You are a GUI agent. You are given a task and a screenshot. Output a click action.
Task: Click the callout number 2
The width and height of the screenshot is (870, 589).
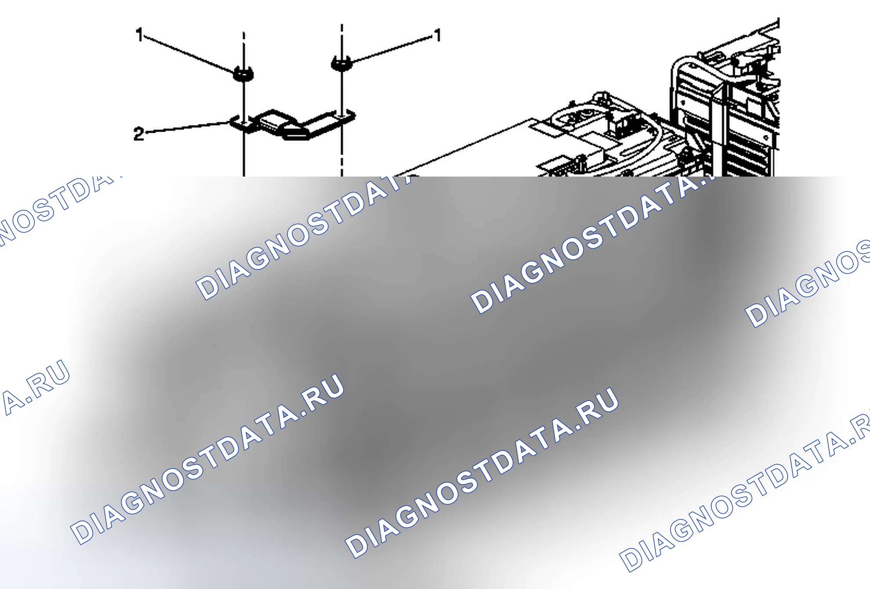coord(139,134)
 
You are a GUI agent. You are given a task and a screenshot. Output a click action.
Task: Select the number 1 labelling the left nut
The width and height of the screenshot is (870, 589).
coord(140,34)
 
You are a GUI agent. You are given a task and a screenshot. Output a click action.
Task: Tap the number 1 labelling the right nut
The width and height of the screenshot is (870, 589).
coord(437,35)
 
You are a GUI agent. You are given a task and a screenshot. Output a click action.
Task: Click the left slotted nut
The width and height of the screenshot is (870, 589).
coord(243,74)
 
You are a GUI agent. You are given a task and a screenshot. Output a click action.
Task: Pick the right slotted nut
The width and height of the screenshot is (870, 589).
coord(341,63)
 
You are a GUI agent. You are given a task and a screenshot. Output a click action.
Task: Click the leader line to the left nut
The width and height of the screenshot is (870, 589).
coord(189,54)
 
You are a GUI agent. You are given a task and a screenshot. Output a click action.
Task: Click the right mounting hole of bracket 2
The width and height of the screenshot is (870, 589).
coord(342,116)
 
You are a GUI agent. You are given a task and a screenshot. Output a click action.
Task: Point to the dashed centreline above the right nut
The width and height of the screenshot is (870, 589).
coord(342,40)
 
